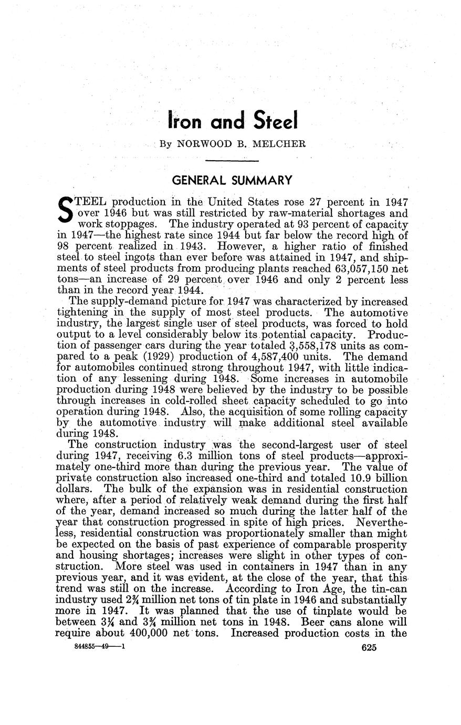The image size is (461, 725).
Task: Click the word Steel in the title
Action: tap(275, 121)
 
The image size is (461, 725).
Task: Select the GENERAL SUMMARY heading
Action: tap(232, 181)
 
